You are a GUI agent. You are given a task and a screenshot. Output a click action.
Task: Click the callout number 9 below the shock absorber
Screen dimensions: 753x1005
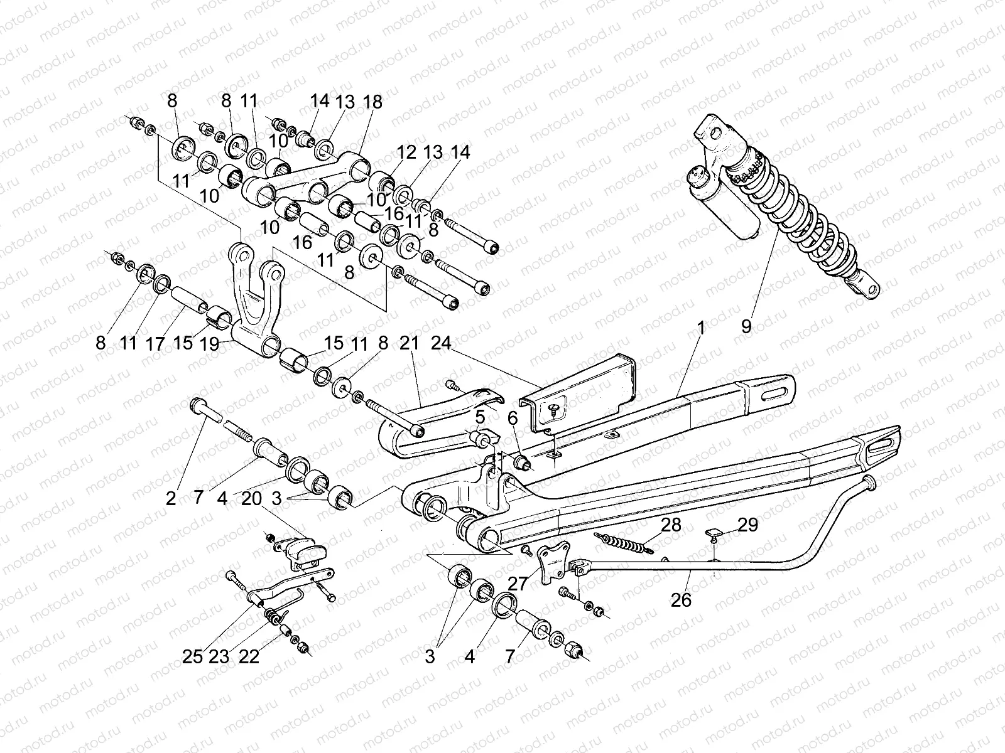(x=746, y=326)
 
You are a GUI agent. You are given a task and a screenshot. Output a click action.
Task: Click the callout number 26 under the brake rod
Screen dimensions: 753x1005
(x=680, y=601)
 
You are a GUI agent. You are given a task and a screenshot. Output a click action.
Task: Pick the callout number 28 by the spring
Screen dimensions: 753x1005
(x=671, y=525)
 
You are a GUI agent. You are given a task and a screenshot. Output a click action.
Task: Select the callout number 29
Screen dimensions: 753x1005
(x=748, y=525)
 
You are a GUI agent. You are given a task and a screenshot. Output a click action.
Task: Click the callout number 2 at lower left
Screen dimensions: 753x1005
(x=171, y=499)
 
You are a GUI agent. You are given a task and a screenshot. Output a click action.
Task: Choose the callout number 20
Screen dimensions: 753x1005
(x=252, y=499)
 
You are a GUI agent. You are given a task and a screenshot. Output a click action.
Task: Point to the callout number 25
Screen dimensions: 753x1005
(x=193, y=657)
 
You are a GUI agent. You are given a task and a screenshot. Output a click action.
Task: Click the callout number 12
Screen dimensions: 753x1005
(x=406, y=152)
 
